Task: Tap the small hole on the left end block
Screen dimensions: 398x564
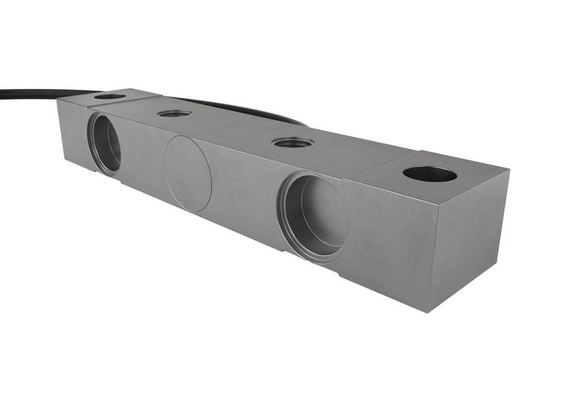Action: [x=110, y=96]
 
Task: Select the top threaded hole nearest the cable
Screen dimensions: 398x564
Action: [x=174, y=113]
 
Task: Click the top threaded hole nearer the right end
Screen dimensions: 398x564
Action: [x=293, y=143]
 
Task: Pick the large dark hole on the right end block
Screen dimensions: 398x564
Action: [x=429, y=174]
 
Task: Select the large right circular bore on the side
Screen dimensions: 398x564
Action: [x=313, y=217]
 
